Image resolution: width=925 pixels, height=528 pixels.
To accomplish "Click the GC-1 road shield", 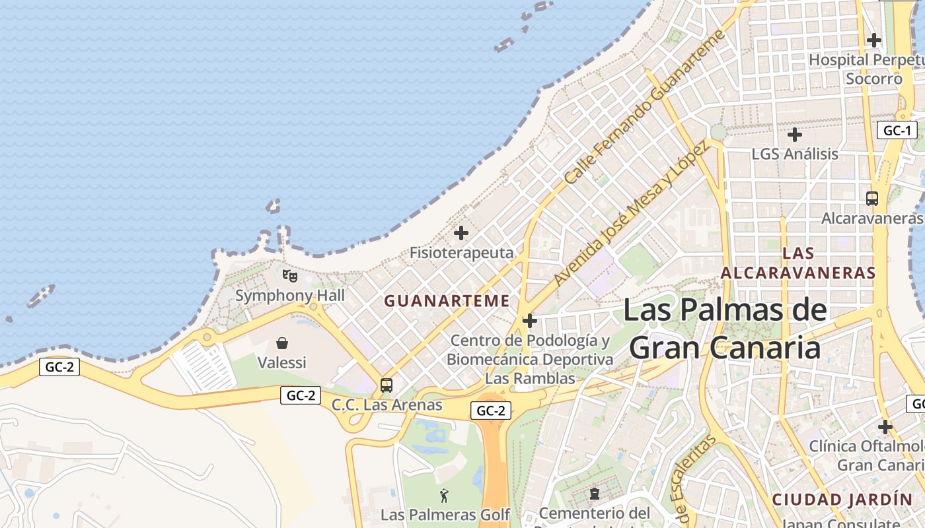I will point(897,130).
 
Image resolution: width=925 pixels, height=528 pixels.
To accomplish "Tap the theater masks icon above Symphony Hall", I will point(289,275).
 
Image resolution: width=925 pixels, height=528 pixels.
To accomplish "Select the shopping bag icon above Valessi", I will point(282,343).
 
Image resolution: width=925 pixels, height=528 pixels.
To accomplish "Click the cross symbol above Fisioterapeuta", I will point(461,233).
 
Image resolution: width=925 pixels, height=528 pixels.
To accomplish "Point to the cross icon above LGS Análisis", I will point(795,135).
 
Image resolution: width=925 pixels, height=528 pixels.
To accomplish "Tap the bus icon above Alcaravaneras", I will point(872,198).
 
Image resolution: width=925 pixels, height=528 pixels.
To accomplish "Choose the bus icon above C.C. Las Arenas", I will point(387,385).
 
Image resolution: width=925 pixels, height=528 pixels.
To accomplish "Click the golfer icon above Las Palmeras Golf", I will point(444,495).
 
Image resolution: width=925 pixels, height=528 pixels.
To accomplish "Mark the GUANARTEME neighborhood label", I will point(447,301).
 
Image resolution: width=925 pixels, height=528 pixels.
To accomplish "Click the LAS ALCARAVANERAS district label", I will point(798,263).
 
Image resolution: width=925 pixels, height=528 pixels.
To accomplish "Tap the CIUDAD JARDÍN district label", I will point(842,499).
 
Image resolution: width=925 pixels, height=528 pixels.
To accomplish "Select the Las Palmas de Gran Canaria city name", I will point(725,329).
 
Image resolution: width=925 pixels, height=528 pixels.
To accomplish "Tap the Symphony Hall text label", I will point(290,295).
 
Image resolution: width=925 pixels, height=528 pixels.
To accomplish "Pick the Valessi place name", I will point(282,362).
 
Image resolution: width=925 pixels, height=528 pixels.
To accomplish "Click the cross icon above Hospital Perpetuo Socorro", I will point(874,40).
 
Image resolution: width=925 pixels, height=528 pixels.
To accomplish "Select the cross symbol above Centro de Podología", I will point(529,321).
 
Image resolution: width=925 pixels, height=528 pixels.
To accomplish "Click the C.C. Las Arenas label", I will point(387,405).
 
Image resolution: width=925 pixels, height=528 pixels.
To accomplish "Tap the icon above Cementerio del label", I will point(595,494).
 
